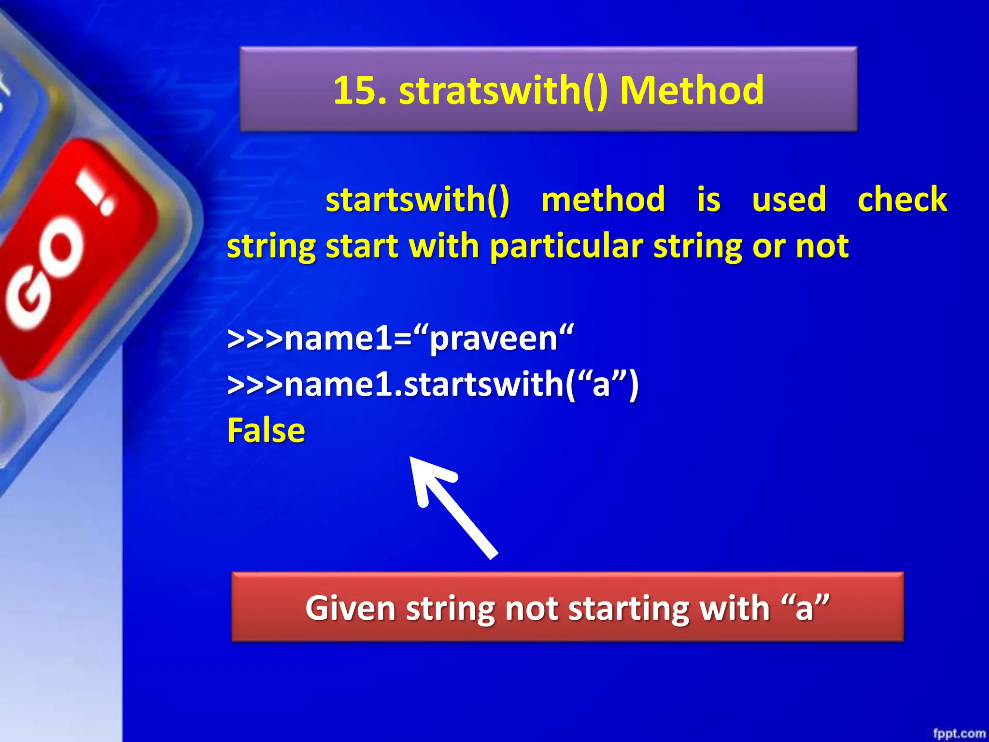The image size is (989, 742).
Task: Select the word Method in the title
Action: [692, 91]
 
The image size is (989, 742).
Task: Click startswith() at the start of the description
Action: [417, 200]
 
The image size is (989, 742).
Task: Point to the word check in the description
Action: [902, 200]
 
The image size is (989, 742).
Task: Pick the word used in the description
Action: [789, 200]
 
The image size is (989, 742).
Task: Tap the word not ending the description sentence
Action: [822, 246]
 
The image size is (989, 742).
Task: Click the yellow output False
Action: [266, 430]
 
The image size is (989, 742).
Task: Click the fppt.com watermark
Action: [959, 733]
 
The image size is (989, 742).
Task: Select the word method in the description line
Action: [603, 200]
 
